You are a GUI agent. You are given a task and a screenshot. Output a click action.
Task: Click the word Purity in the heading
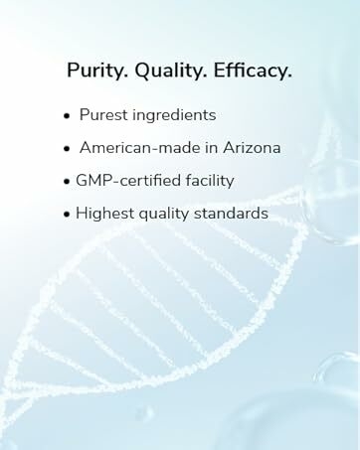[x=94, y=71]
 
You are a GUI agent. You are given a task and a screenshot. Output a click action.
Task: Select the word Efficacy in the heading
[x=251, y=71]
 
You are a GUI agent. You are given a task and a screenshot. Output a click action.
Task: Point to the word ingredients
[x=177, y=116]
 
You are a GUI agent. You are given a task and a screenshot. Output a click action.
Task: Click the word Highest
[x=105, y=213]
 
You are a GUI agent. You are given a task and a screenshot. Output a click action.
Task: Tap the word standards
[x=235, y=213]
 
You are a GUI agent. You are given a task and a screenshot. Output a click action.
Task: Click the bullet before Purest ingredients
[x=67, y=116]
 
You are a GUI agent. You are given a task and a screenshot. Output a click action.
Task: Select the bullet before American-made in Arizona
[x=67, y=148]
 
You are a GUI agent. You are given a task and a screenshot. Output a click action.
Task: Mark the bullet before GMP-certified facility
[x=67, y=181]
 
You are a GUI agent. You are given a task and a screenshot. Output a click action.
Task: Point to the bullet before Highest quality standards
[x=67, y=214]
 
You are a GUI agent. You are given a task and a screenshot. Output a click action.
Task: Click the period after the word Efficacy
[x=289, y=76]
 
